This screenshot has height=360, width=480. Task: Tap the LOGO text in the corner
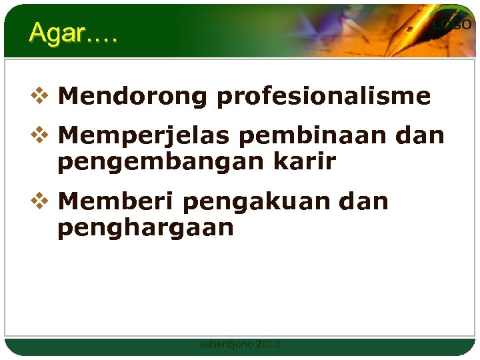[452, 25]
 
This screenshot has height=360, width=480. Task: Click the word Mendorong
[133, 97]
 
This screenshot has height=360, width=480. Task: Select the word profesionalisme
[323, 97]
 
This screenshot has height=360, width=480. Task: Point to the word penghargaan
[145, 228]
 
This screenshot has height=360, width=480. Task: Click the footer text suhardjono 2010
[240, 344]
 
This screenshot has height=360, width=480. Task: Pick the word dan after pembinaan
[420, 136]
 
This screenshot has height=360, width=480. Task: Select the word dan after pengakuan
[364, 201]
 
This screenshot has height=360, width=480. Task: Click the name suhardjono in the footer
[227, 344]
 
